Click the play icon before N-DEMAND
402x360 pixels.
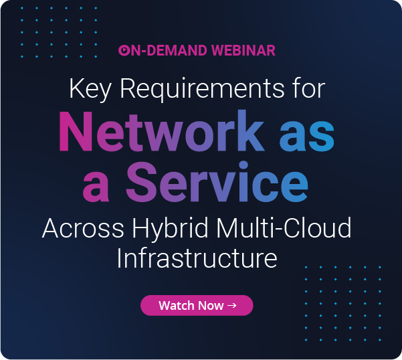(x=123, y=50)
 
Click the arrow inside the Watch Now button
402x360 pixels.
(x=232, y=305)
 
